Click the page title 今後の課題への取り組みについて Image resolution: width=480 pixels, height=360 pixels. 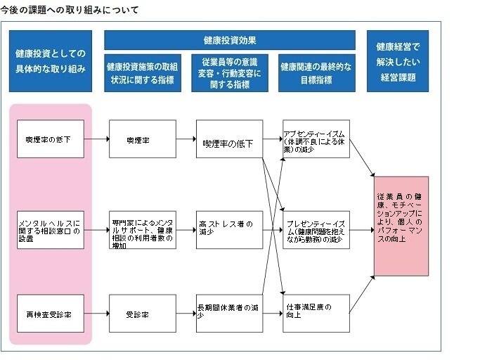pos(70,11)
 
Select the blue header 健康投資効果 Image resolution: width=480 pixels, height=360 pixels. pos(230,40)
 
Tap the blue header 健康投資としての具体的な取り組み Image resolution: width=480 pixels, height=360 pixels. pos(51,61)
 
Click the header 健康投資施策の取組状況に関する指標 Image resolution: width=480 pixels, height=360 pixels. pos(143,73)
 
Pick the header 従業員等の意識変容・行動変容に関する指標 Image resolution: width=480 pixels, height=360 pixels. pos(230,73)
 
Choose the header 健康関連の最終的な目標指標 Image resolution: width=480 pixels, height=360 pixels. pos(316,73)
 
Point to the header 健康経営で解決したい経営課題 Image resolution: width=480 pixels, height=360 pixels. pos(397,61)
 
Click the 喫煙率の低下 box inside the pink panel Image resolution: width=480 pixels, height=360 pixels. pos(51,139)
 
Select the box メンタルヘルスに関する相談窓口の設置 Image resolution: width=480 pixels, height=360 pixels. pos(51,229)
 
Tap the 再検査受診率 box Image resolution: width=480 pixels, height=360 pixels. pos(51,314)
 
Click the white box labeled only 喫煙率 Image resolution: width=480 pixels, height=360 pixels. pos(143,139)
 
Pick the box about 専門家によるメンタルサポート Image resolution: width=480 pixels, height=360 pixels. pos(143,229)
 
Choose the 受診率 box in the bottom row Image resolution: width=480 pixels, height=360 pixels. pos(143,314)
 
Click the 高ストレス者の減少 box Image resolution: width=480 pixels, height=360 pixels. pos(230,229)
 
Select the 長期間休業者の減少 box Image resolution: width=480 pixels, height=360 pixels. pos(230,314)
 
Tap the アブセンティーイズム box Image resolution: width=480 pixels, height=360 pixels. pos(316,139)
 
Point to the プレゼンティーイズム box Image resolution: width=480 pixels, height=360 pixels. pos(316,229)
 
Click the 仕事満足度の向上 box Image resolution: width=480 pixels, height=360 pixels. pos(316,314)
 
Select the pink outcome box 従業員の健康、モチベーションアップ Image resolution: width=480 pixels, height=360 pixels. pos(401,226)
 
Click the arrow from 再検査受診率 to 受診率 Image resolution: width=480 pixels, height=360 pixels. pos(96,314)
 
